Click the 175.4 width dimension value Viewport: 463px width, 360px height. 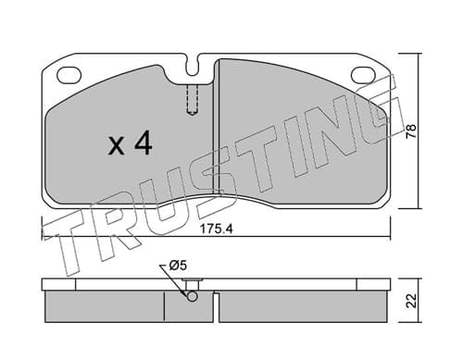(216, 229)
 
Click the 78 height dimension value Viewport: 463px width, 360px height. (411, 131)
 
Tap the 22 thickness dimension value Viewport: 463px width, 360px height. (411, 301)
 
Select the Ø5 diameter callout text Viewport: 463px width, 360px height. (178, 266)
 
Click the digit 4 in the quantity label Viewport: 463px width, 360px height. (142, 143)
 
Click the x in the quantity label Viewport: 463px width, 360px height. (117, 146)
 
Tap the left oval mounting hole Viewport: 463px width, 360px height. (69, 75)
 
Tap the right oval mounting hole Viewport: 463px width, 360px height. (364, 75)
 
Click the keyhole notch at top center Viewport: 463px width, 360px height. (193, 67)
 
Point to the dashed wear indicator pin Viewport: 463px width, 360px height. (193, 100)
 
